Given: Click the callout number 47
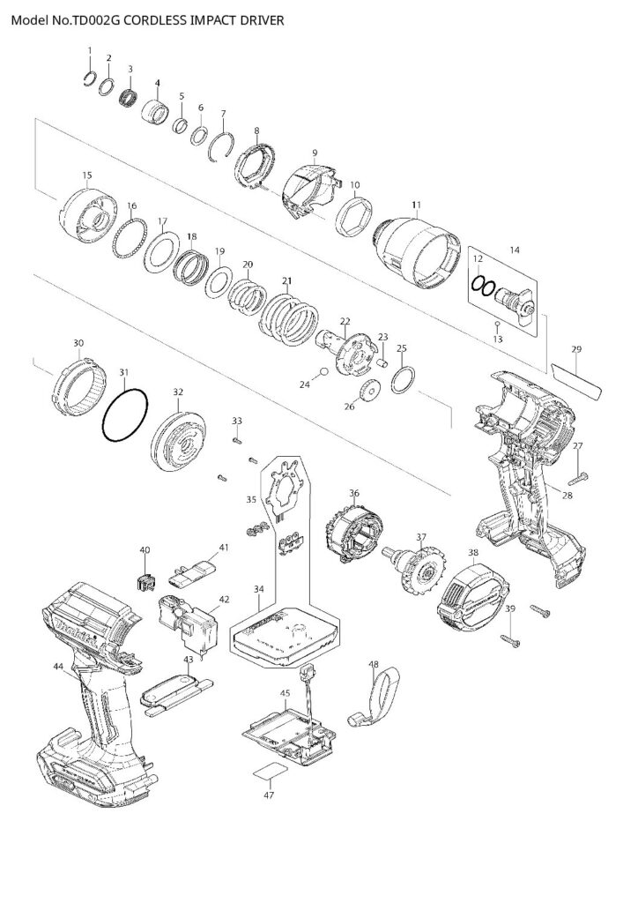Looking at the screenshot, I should [x=269, y=795].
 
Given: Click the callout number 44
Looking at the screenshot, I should [x=57, y=667].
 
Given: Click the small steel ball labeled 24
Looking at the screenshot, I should [x=326, y=373].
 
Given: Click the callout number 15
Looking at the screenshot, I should [x=86, y=175].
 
